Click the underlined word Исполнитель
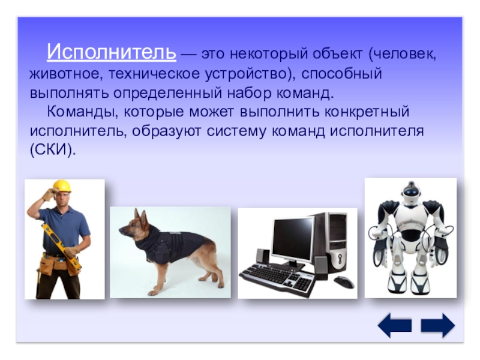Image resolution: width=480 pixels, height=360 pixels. pos(112,52)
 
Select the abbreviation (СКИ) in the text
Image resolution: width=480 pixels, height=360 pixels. pos(53,150)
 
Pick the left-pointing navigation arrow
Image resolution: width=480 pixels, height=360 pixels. pos(395,325)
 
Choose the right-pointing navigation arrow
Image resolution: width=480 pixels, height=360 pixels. pos(438,325)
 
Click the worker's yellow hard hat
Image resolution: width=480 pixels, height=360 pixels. pos(62,186)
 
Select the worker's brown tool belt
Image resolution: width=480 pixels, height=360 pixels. pos(58,264)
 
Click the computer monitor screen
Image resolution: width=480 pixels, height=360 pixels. pos(292,237)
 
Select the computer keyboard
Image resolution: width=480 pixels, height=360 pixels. pos(277,278)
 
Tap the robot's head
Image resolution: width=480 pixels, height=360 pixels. pos(410,193)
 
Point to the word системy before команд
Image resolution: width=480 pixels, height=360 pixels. pos(236,131)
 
